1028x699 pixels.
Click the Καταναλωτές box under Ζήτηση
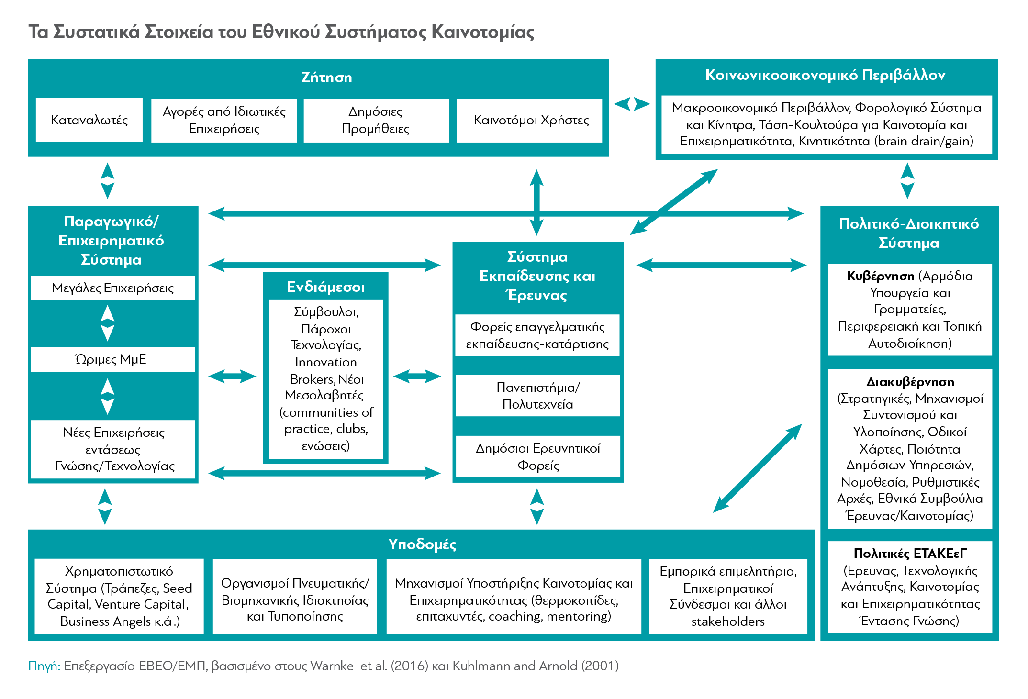tap(89, 120)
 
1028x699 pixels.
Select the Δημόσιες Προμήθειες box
tap(376, 120)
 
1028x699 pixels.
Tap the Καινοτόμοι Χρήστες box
tap(529, 120)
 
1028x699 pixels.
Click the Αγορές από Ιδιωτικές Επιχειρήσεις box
tap(224, 120)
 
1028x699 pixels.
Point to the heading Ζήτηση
tap(326, 78)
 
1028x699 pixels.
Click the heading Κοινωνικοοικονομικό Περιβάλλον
tap(826, 75)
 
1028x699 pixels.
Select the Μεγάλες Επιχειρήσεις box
tap(113, 288)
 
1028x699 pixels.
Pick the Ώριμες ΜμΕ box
tap(113, 359)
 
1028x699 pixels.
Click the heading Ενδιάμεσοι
tap(325, 287)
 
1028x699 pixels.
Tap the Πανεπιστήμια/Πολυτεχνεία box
tap(538, 396)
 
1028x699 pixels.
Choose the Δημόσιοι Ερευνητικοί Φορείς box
tap(538, 456)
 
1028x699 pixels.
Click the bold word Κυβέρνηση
tap(881, 276)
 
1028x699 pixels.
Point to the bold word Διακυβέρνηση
tap(910, 382)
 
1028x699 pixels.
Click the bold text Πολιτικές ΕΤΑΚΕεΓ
tap(910, 554)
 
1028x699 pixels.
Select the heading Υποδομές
tap(422, 544)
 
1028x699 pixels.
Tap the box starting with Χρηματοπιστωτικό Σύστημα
tap(119, 596)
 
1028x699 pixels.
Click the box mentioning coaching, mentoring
tap(514, 596)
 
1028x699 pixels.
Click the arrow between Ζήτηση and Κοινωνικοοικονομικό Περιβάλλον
tap(632, 104)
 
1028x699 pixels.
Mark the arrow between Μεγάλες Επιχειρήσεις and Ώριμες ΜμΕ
tap(108, 323)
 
